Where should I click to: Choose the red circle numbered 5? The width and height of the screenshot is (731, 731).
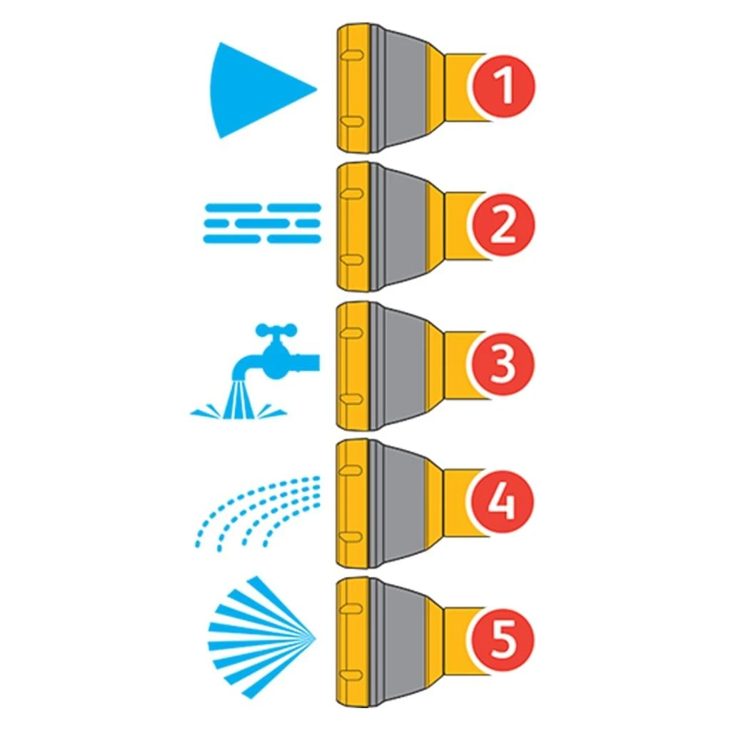pyautogui.click(x=505, y=639)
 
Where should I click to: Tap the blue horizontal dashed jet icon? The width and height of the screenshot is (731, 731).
pyautogui.click(x=262, y=223)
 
